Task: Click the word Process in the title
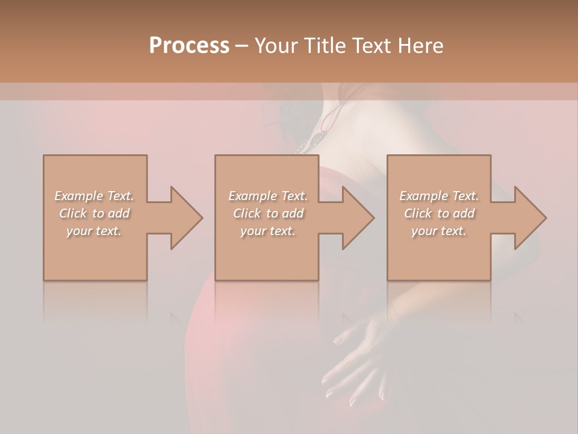[189, 46]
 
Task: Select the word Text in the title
[371, 46]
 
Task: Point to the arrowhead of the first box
[183, 218]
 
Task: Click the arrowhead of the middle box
[355, 218]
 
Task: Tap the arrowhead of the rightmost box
[527, 218]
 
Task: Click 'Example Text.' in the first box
[94, 196]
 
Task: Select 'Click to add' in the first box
[95, 213]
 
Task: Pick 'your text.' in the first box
[94, 231]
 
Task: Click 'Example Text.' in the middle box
[268, 196]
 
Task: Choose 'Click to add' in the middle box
[268, 213]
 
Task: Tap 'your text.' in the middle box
[268, 231]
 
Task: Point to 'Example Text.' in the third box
[439, 196]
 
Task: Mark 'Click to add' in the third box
[440, 213]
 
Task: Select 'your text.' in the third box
[439, 231]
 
